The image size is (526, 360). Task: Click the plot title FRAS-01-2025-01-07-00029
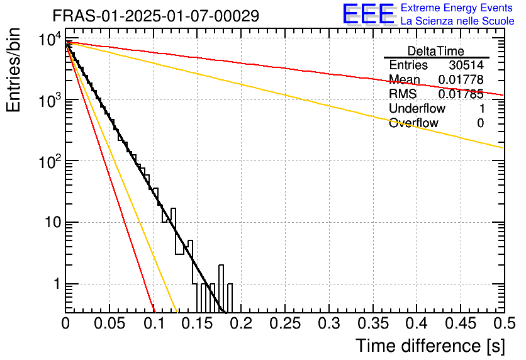[x=155, y=16]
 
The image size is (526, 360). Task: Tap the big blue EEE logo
[x=368, y=14]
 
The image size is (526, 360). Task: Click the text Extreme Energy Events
[x=457, y=8]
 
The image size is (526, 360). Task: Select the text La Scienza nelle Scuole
[x=457, y=21]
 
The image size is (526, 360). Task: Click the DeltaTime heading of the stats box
[x=435, y=51]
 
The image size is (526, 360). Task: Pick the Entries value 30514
[x=466, y=65]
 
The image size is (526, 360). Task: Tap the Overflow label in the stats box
[x=413, y=123]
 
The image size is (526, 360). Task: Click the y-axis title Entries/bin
[x=13, y=71]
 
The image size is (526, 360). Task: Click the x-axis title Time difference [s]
[x=430, y=346]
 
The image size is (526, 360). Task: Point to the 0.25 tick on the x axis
[x=284, y=323]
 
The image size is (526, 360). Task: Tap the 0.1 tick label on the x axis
[x=153, y=323]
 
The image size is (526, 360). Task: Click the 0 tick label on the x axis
[x=65, y=323]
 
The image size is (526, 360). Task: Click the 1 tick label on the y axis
[x=54, y=284]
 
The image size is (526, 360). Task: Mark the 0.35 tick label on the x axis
[x=372, y=323]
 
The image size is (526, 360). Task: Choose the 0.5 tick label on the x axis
[x=503, y=323]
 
